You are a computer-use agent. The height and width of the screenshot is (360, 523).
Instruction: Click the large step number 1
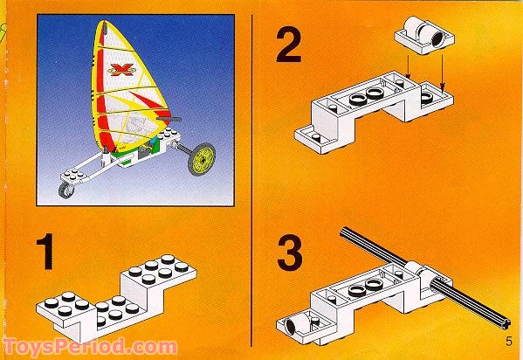tap(45, 252)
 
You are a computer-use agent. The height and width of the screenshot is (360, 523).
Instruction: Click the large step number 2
tap(289, 45)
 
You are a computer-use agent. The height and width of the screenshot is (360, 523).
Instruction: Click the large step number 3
tap(290, 253)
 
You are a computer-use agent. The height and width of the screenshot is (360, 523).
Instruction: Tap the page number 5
tap(509, 342)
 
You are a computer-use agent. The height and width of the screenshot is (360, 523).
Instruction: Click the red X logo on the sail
tap(121, 69)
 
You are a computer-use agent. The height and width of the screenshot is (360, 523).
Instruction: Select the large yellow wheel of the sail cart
tap(202, 159)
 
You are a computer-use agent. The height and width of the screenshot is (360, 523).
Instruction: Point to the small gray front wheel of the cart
tap(66, 190)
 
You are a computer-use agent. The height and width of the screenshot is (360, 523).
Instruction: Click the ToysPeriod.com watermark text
tap(90, 347)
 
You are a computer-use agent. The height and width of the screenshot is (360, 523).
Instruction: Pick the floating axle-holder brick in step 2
tap(424, 36)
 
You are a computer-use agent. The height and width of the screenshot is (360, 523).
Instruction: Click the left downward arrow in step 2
tap(408, 66)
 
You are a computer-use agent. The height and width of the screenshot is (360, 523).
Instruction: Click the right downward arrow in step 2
tap(443, 73)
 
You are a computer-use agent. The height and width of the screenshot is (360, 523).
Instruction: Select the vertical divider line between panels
tap(251, 180)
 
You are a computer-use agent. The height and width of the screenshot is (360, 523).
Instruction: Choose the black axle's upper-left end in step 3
tap(343, 232)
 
